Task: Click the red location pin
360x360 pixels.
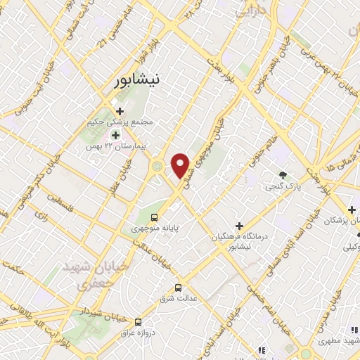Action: point(181,166)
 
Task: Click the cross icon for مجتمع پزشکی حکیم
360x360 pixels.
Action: point(120,111)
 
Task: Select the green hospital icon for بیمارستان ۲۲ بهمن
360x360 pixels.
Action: point(115,134)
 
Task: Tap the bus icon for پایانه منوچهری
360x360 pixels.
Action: point(153,217)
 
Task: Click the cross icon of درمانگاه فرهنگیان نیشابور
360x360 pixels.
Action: point(239,226)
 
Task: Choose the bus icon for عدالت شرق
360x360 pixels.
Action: point(178,288)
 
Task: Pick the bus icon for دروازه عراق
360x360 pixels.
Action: point(139,321)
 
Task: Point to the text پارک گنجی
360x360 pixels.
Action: point(278,188)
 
